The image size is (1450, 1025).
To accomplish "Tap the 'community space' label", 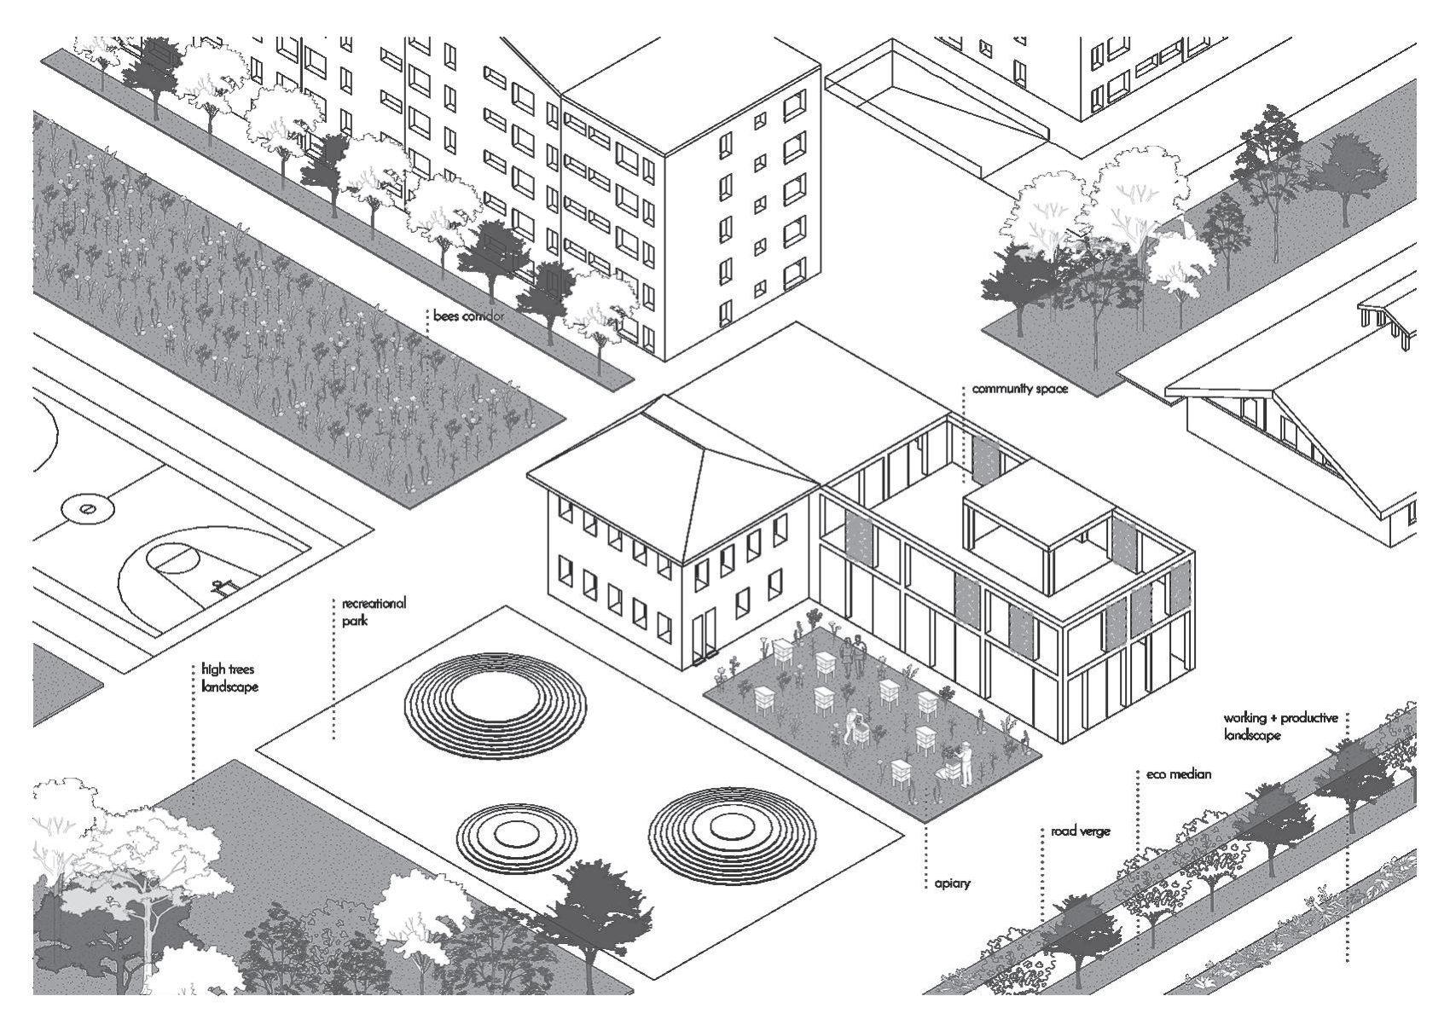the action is [x=1019, y=390].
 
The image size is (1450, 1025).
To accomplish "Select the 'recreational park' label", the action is [x=374, y=611].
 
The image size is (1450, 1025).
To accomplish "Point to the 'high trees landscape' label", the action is [x=229, y=678].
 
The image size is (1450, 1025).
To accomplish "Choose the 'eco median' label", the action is [x=1179, y=774].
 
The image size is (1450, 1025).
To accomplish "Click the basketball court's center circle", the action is [x=86, y=509].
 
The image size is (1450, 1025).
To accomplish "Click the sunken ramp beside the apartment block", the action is [x=938, y=102].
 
